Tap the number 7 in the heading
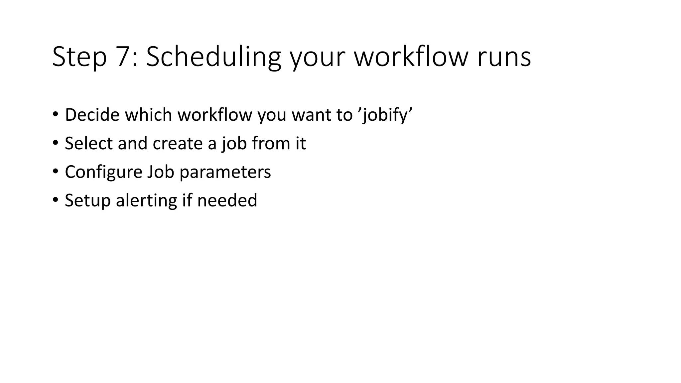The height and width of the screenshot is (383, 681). coord(124,57)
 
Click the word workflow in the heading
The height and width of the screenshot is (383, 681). coord(412,57)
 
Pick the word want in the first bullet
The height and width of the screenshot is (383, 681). coord(312,115)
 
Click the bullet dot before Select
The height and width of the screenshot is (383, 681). coord(55,143)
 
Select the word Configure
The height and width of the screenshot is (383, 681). coord(103,173)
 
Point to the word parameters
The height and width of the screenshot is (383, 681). coord(225,173)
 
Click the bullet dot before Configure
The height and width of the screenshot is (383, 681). coord(55,171)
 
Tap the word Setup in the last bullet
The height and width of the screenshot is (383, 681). coord(87,201)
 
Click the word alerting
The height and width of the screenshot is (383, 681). coord(146,201)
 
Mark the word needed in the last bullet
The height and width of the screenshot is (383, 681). coord(227,200)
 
